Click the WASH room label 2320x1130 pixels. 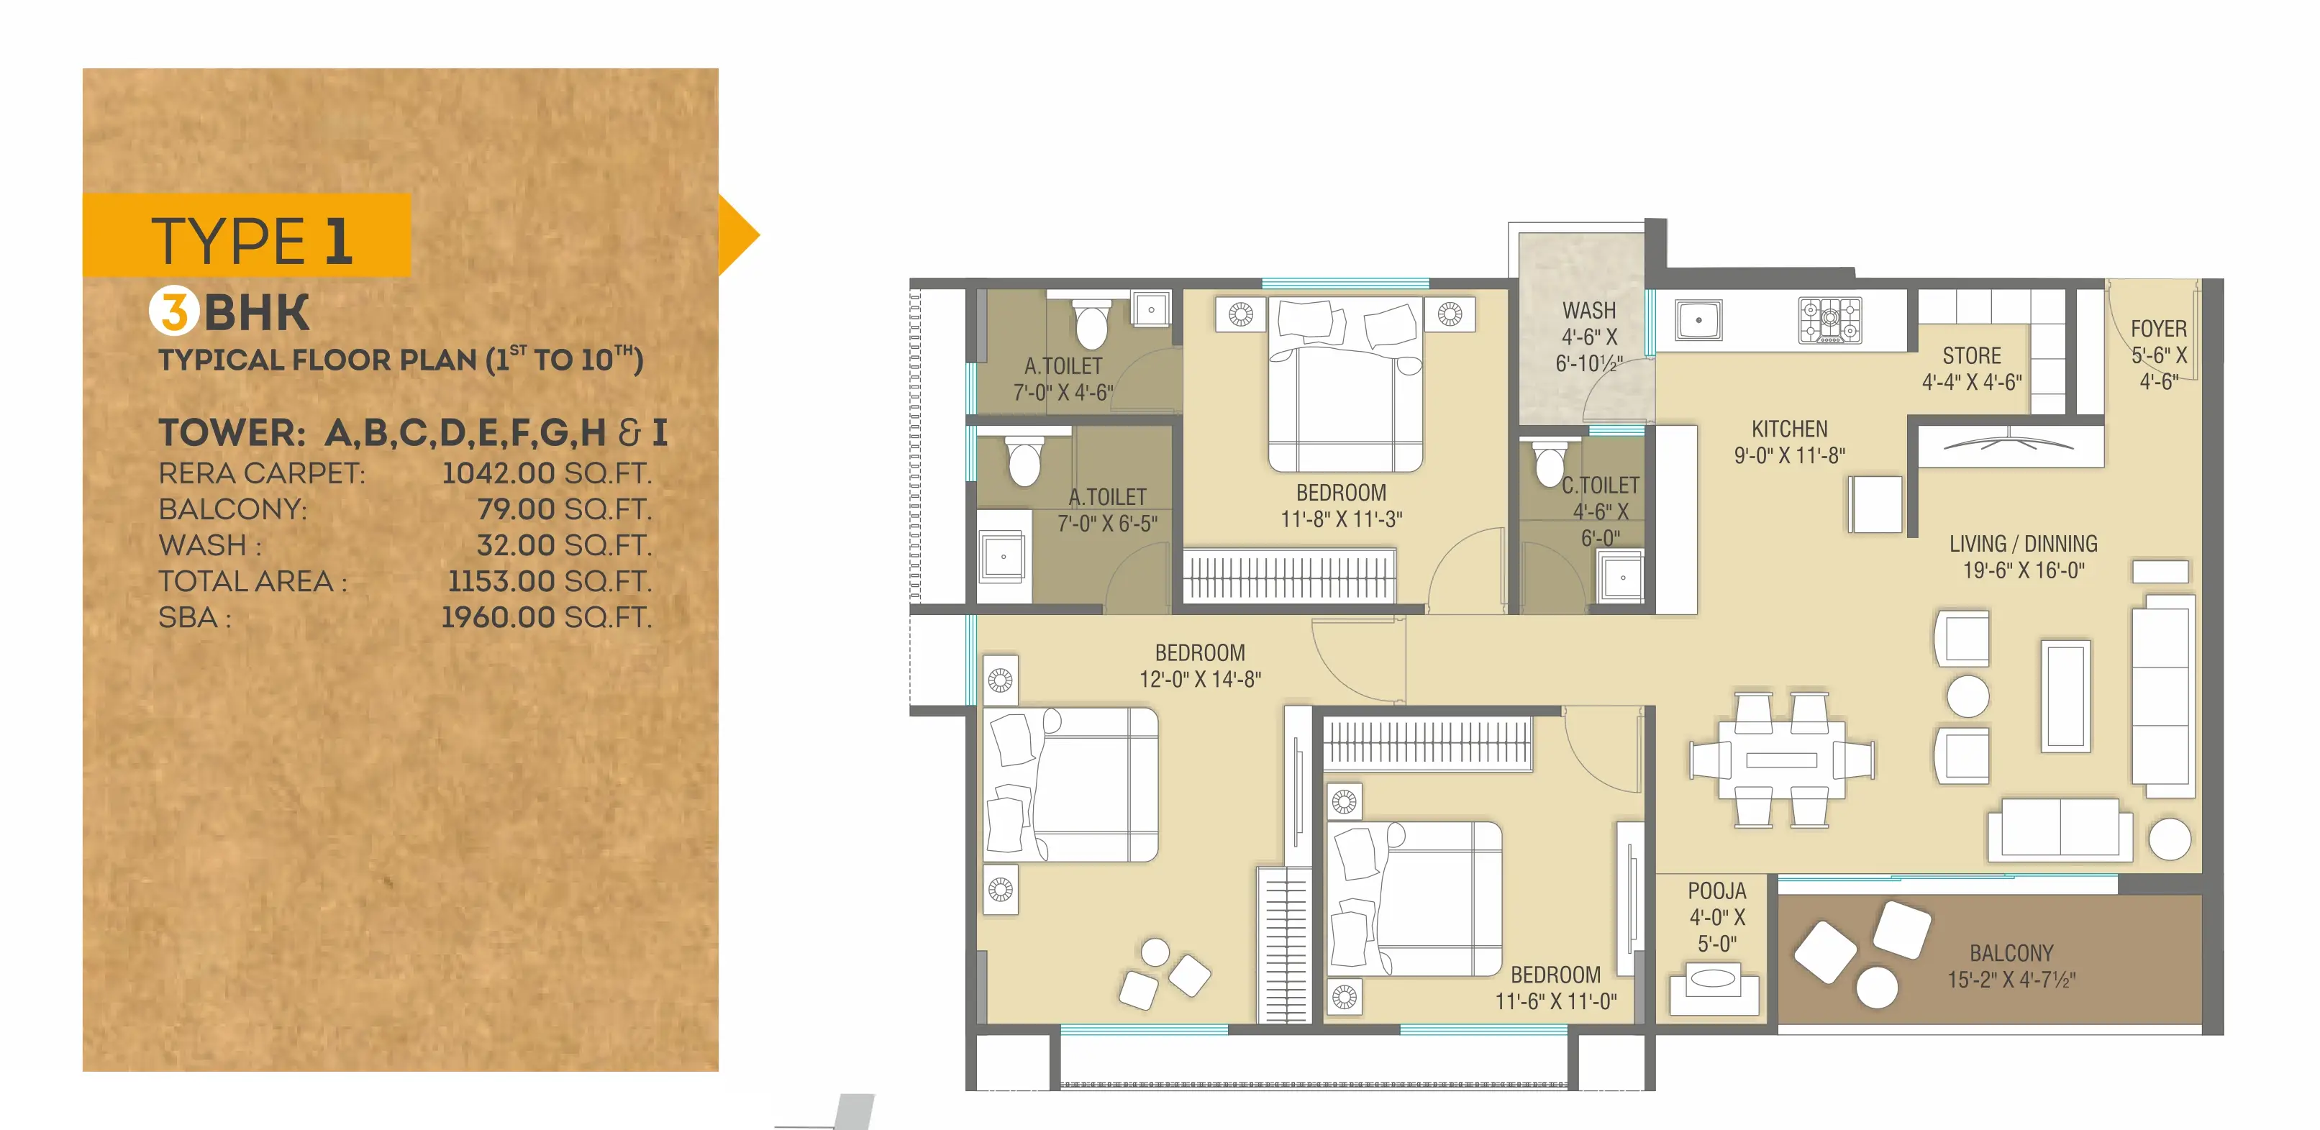1588,311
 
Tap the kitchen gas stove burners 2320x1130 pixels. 1829,321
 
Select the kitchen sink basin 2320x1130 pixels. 1698,319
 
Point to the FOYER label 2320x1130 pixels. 2158,329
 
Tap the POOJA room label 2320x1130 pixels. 1716,890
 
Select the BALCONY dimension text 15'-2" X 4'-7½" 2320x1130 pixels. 2011,980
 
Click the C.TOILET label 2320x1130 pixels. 1601,486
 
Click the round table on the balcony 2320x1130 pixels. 1877,987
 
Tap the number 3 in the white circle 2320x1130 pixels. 174,311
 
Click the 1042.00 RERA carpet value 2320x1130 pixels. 498,473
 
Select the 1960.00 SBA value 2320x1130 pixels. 498,618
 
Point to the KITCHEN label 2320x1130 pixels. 1790,429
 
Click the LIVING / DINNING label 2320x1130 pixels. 2023,544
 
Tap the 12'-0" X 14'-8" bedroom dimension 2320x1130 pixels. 1200,679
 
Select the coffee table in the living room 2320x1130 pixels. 2065,695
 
